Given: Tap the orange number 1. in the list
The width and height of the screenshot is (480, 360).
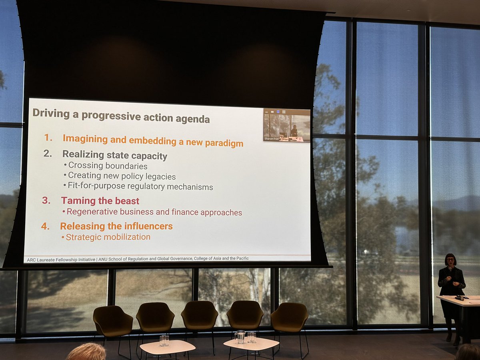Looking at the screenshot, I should pos(48,138).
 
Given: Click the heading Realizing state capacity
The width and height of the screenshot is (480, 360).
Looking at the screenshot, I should pos(115,155).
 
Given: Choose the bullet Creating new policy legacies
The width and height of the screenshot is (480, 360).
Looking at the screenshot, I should pos(122,176).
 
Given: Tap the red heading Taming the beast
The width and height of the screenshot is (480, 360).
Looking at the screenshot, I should pos(100,201).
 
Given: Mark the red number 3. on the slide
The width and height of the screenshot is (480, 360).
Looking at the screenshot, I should pos(46,200).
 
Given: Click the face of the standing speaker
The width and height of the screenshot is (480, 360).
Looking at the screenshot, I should pos(450,261).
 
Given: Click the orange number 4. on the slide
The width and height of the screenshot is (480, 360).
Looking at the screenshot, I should pos(46,226).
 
